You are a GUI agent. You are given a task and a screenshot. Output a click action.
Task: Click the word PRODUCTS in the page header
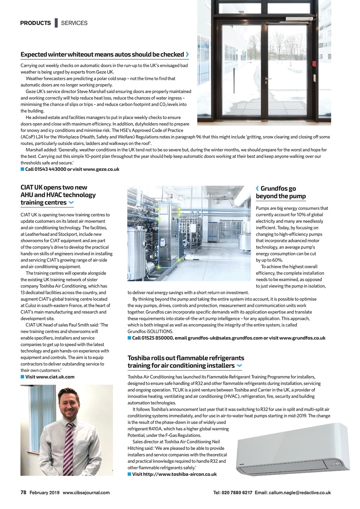[36, 23]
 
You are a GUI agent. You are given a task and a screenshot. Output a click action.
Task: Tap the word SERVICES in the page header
[74, 23]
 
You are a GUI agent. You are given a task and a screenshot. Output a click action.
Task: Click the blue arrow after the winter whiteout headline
[187, 54]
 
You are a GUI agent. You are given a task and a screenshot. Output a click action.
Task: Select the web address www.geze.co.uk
[101, 169]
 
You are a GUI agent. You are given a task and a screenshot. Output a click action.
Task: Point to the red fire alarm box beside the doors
[314, 64]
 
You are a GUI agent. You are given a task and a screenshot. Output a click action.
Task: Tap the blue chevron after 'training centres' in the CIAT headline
[71, 202]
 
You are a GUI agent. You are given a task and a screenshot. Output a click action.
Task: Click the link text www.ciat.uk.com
[55, 377]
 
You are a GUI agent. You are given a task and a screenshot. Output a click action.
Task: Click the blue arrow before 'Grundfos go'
[257, 188]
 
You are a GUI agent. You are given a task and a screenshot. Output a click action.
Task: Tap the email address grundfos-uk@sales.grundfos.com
[225, 338]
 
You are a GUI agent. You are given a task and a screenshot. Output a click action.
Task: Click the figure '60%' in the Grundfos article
[277, 260]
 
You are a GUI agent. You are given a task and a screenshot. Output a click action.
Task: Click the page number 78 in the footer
[23, 492]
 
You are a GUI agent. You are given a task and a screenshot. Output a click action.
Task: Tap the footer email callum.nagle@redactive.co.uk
[300, 492]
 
